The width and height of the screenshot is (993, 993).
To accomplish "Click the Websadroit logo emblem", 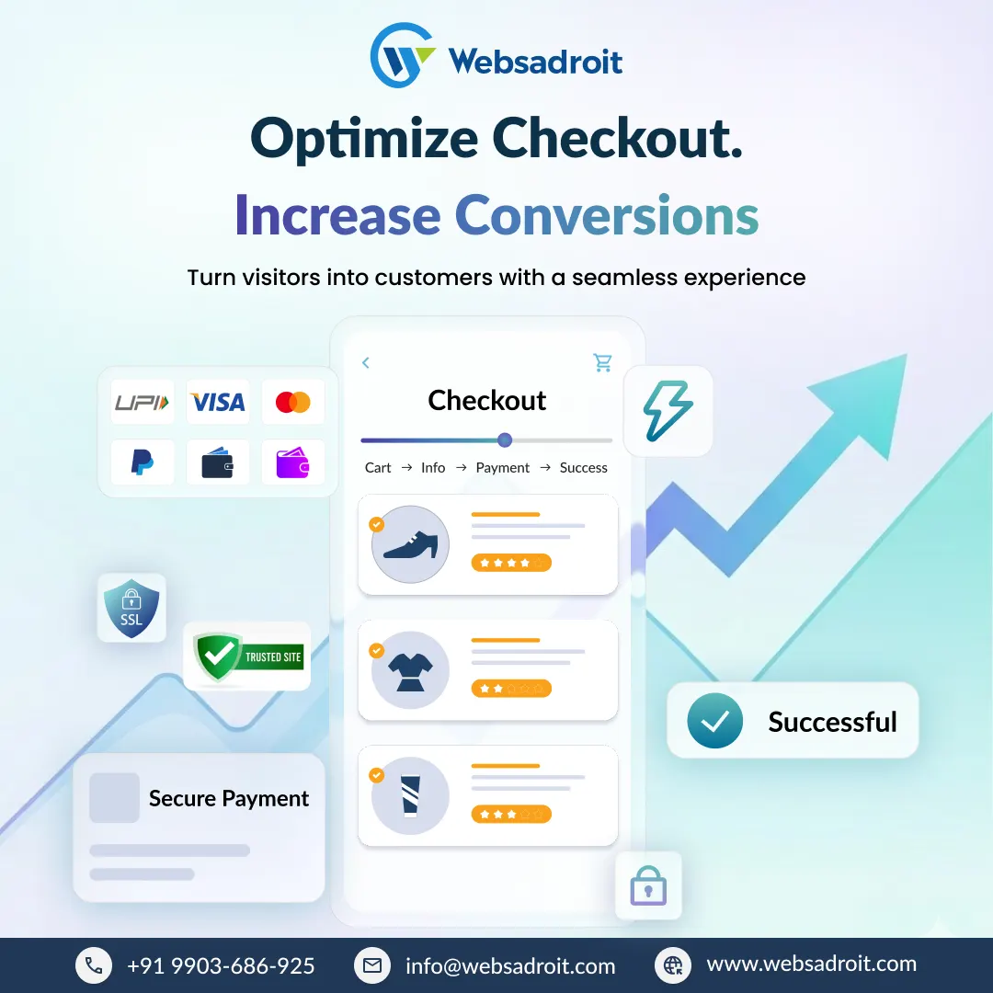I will coord(402,56).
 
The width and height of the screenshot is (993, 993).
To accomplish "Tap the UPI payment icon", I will coord(143,402).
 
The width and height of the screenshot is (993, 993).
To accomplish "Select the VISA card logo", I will coord(218,402).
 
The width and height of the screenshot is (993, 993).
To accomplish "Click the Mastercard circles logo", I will coord(293,402).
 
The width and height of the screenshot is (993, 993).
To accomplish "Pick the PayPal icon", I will coord(143,462).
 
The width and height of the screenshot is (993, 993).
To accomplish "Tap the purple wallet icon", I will coord(293,462).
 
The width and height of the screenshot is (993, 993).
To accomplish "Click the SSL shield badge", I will coord(131,608).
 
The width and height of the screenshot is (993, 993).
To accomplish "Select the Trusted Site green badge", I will coord(247,656).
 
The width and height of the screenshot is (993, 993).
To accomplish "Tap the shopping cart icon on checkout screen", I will coord(602,363).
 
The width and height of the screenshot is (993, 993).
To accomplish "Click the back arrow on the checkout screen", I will coord(366,363).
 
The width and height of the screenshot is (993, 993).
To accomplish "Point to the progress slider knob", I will coord(504,440).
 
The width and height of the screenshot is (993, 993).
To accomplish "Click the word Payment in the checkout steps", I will coord(503,468).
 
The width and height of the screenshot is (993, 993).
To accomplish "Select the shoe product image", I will coord(410,544).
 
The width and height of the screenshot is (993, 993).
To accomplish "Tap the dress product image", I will coord(410,670).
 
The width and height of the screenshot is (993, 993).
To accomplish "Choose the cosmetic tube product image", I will coord(410,795).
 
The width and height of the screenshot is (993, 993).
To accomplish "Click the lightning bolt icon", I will coord(668,411).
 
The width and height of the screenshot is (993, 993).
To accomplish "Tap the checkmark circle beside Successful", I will coord(714,721).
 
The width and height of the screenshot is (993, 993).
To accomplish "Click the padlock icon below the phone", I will coord(648,885).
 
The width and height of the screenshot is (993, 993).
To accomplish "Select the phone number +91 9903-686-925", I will coord(221,965).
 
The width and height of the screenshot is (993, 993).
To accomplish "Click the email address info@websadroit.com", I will coord(510,965).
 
